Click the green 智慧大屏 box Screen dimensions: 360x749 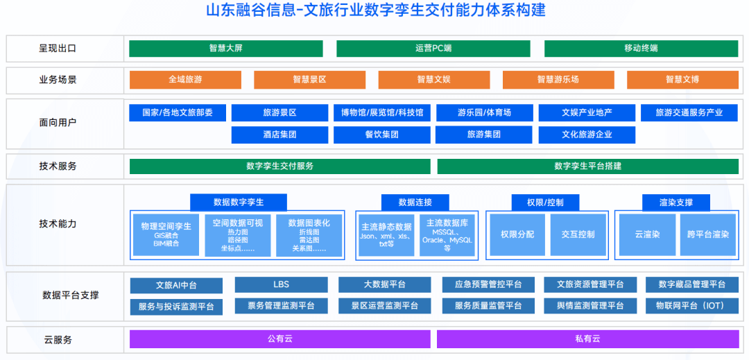(x=225, y=49)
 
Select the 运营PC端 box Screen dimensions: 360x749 (x=433, y=49)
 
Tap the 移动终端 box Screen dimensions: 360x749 (x=641, y=49)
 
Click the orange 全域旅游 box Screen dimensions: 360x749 (x=185, y=80)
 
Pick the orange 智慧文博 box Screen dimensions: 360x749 (x=682, y=80)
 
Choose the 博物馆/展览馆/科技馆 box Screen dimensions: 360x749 (x=382, y=112)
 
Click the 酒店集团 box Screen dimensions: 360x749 (x=279, y=135)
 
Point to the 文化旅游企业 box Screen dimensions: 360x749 (x=587, y=135)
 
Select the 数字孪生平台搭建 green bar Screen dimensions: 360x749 (x=587, y=166)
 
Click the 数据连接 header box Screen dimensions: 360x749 (x=415, y=203)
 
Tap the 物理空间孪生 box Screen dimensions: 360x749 (x=166, y=234)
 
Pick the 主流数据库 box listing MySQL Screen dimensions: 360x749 (x=447, y=234)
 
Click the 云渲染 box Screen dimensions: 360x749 (x=646, y=234)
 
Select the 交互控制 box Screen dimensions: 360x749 (x=578, y=234)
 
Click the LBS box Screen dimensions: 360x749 (x=281, y=285)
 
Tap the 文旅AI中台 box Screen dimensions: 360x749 (x=176, y=285)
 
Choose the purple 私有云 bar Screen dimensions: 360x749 (x=587, y=339)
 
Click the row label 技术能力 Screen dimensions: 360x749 (x=58, y=224)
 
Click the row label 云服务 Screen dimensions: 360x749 (x=58, y=340)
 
